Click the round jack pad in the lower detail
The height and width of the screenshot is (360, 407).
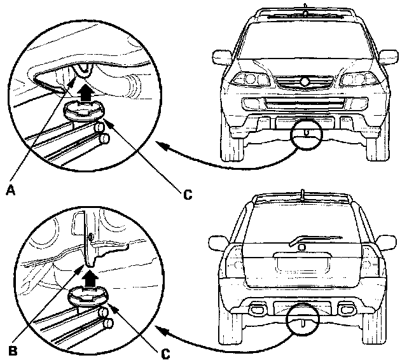88,296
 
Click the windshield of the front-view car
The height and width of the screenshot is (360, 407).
307,45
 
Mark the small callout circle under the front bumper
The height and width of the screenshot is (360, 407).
307,134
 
